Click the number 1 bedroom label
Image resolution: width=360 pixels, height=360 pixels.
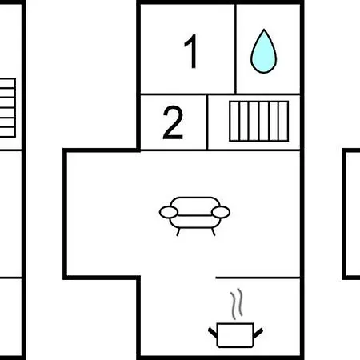pos(191,51)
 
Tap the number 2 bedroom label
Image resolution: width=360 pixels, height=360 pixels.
pos(173,122)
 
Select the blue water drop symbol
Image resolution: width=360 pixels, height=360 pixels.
pos(264,52)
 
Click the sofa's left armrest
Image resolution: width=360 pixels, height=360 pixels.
pos(169,212)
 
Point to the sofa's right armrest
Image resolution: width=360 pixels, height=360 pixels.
pos(221,212)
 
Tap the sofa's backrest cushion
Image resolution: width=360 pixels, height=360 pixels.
pos(195,206)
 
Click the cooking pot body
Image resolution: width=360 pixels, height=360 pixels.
pos(235,335)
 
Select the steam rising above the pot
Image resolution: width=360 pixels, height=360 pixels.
pos(237,304)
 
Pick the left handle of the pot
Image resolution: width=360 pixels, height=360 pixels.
pos(213,332)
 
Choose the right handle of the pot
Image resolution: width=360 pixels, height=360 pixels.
pos(258,333)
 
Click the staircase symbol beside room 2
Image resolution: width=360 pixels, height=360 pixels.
pos(259,121)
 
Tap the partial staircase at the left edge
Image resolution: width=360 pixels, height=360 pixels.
pos(7,108)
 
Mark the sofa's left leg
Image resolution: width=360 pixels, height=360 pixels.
pos(178,232)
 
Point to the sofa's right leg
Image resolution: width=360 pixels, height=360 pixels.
pos(213,232)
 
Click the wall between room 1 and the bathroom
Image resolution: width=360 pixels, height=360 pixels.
pos(235,49)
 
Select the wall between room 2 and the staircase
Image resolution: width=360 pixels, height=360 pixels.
pos(207,122)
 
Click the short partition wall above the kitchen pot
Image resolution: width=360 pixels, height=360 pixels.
pos(258,278)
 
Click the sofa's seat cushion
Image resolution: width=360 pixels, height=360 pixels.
pos(195,222)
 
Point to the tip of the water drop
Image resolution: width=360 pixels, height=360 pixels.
pos(264,29)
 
